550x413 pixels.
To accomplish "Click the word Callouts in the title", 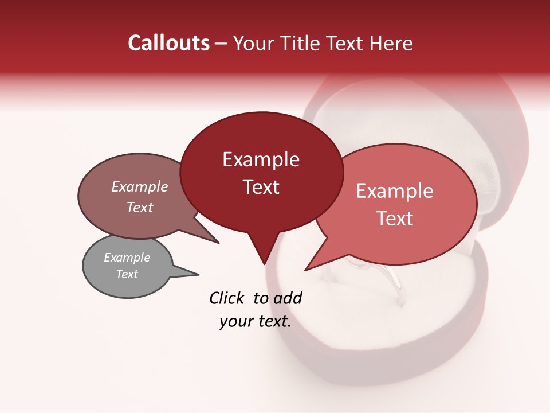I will pyautogui.click(x=168, y=43).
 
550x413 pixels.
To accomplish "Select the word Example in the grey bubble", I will pyautogui.click(x=127, y=258).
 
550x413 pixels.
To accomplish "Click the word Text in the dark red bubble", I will pyautogui.click(x=261, y=187).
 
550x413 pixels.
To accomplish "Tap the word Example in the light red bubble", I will pyautogui.click(x=395, y=191).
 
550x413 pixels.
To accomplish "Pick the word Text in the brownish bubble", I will pyautogui.click(x=140, y=207).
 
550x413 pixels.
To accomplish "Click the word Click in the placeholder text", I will pyautogui.click(x=227, y=298).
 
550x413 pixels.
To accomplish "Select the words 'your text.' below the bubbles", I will pyautogui.click(x=256, y=321).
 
